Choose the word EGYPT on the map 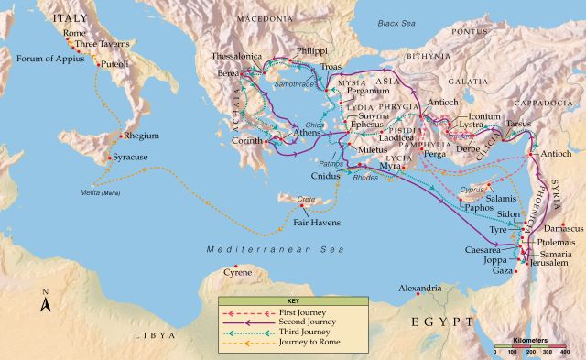click(x=442, y=322)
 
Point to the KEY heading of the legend click(x=292, y=301)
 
